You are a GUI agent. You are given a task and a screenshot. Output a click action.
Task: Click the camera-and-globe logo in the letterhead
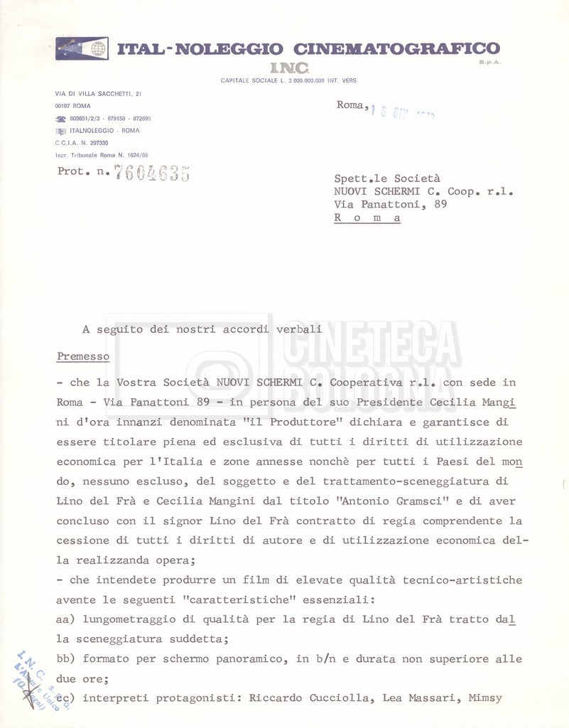(82, 48)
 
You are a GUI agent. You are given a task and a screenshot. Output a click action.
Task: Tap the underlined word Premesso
(83, 355)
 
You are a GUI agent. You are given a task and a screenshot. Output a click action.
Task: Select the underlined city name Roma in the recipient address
(367, 218)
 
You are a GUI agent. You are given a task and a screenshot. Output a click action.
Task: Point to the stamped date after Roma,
(403, 112)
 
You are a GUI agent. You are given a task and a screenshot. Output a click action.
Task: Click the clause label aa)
(66, 619)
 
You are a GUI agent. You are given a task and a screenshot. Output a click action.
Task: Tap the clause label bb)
(66, 659)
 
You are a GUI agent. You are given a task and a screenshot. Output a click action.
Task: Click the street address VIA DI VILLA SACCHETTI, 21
(99, 94)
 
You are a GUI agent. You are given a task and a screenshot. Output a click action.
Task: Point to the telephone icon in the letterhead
(61, 119)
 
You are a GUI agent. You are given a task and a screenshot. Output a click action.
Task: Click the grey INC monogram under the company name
(288, 68)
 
